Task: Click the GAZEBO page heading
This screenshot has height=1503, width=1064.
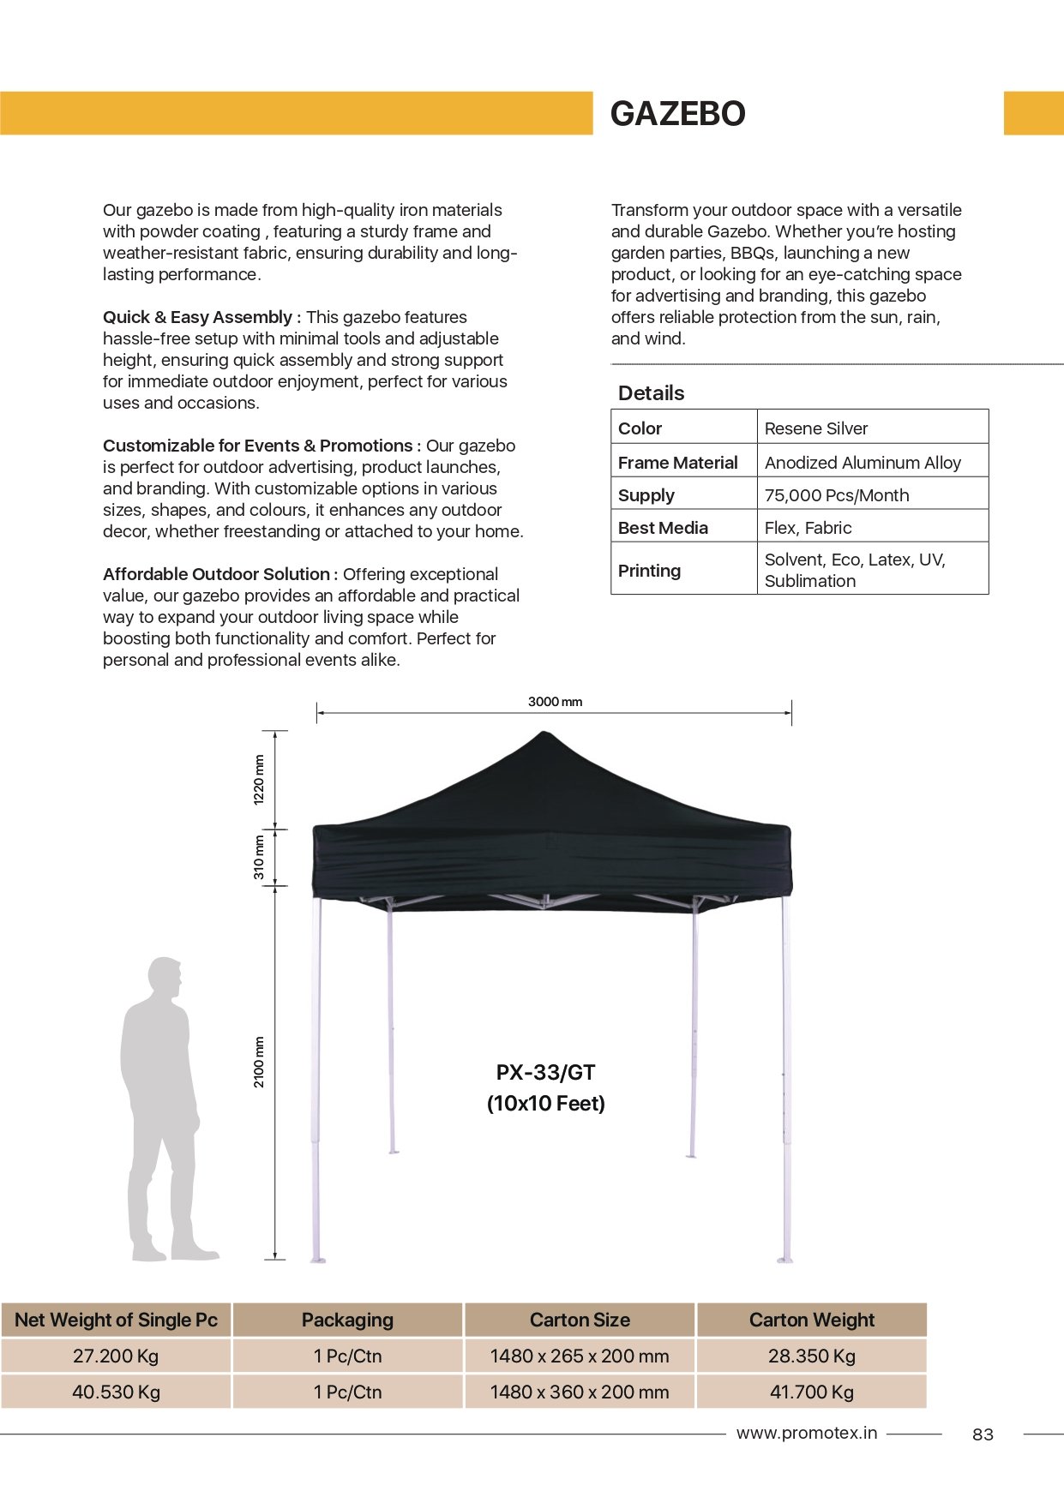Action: [x=677, y=114]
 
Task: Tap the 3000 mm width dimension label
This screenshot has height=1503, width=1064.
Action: [x=555, y=702]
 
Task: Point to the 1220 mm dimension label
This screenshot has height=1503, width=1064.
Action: [x=259, y=779]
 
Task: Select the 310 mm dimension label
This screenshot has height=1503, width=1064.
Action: [x=259, y=857]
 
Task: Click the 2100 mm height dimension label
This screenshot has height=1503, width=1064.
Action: [x=259, y=1062]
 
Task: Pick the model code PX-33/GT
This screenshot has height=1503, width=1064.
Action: [x=545, y=1073]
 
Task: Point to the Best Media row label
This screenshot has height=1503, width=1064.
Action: [x=663, y=528]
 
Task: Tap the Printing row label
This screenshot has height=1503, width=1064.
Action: [x=649, y=571]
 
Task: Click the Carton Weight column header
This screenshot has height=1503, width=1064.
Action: [x=811, y=1320]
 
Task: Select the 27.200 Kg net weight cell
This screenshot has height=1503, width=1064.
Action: [x=116, y=1356]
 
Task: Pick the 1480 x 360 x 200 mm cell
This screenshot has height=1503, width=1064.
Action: [x=580, y=1392]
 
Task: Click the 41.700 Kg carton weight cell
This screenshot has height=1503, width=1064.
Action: [x=811, y=1392]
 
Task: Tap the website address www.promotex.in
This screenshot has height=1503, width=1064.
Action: [x=806, y=1433]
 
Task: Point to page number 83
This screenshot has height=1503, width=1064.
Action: [x=983, y=1434]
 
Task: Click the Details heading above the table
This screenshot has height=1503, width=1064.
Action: [x=651, y=393]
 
